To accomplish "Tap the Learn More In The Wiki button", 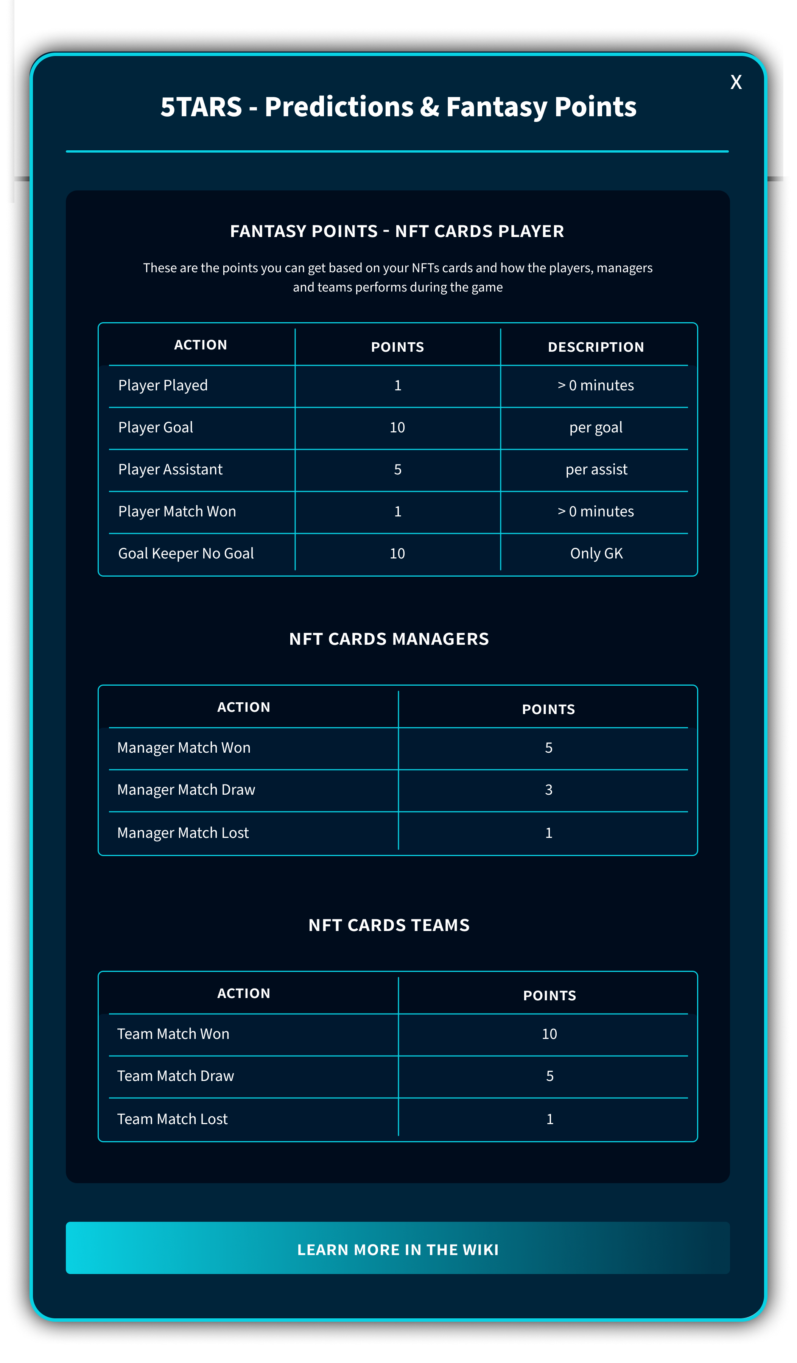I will tap(398, 1249).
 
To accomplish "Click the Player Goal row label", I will tap(156, 427).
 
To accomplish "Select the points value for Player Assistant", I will tap(397, 469).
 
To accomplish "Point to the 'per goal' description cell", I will tap(596, 427).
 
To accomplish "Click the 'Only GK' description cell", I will tap(596, 553).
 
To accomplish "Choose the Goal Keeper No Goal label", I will tap(186, 553).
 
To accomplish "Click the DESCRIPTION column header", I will tap(596, 347).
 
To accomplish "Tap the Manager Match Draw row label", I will tap(186, 790).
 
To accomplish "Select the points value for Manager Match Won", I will tap(548, 747).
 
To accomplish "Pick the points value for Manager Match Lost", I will tap(548, 833).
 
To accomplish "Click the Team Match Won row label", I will tap(173, 1034).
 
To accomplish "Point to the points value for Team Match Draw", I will tap(549, 1076).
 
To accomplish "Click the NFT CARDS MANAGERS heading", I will tap(389, 639).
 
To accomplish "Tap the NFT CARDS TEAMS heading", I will tap(389, 925).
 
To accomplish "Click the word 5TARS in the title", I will tap(201, 106).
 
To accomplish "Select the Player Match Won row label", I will tap(177, 511).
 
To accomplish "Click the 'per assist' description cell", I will tap(596, 469).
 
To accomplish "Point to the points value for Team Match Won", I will tap(549, 1034).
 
